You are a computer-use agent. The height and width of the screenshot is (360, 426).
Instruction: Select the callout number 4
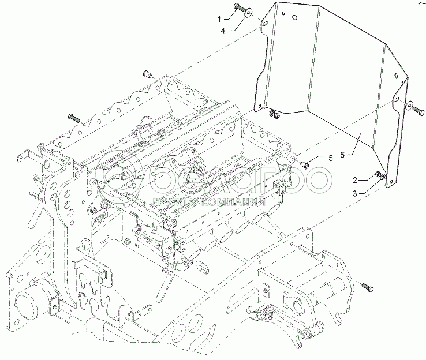223,30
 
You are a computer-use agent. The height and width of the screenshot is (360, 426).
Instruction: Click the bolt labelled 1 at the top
239,8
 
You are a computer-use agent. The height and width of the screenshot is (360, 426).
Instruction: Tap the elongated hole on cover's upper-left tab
265,26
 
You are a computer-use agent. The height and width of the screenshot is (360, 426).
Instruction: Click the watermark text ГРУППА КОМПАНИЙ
211,202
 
